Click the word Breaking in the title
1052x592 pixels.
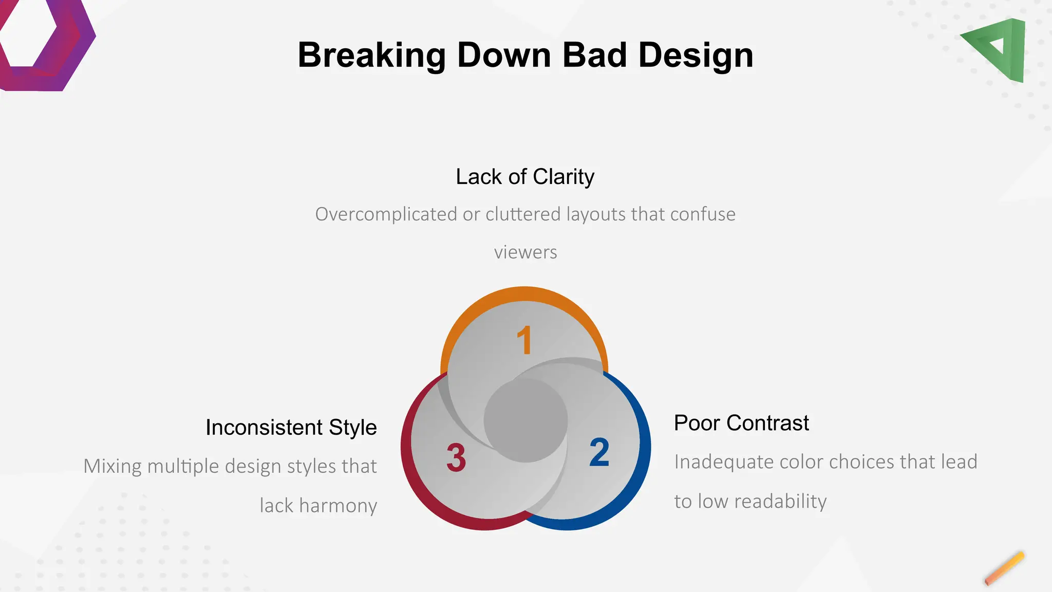coord(371,55)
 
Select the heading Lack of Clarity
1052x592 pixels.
coord(525,177)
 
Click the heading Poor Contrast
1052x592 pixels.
coord(741,423)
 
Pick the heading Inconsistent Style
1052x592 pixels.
coord(291,428)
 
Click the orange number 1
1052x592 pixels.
coord(524,340)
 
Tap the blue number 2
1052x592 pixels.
coord(599,453)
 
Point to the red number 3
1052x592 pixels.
coord(456,457)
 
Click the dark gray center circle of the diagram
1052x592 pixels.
coord(525,420)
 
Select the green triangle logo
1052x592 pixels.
coord(999,49)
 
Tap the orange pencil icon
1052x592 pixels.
coord(1004,569)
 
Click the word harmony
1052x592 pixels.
coord(338,506)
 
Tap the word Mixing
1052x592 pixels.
coord(112,467)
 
